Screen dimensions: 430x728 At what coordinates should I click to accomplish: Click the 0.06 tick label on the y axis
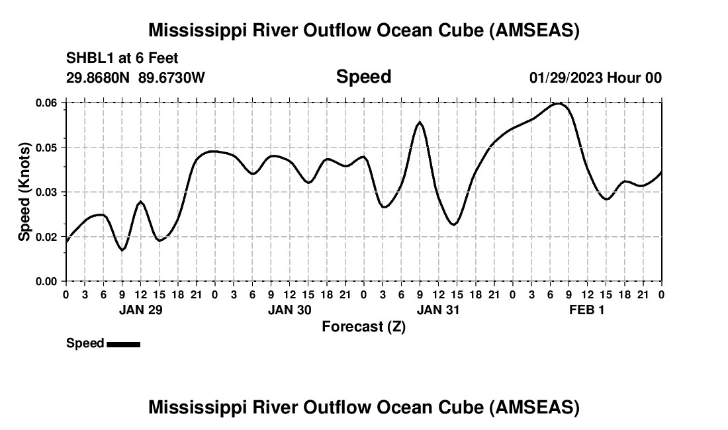point(46,103)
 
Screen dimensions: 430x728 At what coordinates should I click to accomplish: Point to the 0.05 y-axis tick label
point(46,148)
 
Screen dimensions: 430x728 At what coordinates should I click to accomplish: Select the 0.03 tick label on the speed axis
point(46,192)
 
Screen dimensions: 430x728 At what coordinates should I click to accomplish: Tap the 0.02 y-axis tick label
point(46,237)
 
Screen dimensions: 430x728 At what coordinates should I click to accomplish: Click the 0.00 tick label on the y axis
point(46,281)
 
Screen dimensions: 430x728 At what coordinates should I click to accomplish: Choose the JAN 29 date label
point(140,310)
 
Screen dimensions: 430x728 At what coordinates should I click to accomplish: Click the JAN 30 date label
point(289,310)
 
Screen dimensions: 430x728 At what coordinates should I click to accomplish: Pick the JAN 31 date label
point(438,310)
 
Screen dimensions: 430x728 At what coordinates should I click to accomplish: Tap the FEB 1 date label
point(587,310)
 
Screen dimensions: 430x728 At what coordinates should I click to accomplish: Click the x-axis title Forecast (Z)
point(363,327)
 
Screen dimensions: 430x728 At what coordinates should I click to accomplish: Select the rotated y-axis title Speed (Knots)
point(24,192)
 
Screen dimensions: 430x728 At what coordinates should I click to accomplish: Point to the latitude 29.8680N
point(99,77)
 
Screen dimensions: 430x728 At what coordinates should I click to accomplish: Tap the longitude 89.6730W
point(172,77)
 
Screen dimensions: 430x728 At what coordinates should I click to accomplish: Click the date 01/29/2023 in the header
point(566,77)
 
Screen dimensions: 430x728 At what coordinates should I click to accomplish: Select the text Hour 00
point(635,77)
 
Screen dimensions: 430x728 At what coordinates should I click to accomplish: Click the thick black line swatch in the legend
point(123,344)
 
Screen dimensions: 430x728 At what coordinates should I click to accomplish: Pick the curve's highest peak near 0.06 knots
point(559,103)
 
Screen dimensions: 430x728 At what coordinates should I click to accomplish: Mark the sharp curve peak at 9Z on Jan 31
point(420,122)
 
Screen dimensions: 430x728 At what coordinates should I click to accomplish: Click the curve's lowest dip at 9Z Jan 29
point(122,250)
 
